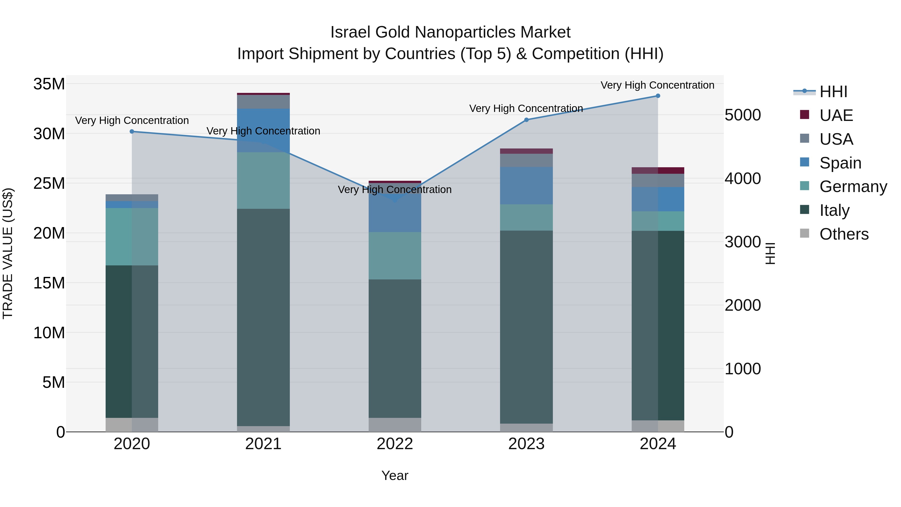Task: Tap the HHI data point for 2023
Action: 526,120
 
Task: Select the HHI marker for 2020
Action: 132,131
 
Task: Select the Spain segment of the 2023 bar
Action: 526,186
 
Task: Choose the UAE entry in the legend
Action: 836,115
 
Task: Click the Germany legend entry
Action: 853,187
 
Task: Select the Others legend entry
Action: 844,234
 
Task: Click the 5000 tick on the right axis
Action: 742,115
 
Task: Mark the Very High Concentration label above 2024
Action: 657,85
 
